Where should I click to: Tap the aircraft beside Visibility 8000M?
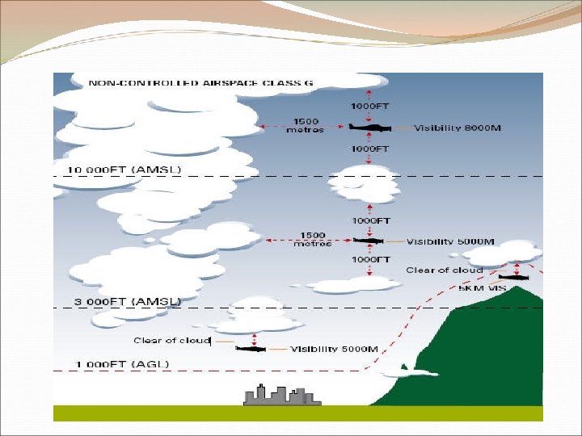371,127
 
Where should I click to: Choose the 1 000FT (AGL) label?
123,364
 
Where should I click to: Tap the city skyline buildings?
277,395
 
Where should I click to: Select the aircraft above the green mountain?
513,277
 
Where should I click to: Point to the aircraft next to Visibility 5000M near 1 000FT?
251,349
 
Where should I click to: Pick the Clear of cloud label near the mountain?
444,270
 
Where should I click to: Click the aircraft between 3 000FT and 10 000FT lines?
369,241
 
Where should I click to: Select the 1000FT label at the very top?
370,106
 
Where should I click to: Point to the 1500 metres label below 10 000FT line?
312,239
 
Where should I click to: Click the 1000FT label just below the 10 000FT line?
370,220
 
